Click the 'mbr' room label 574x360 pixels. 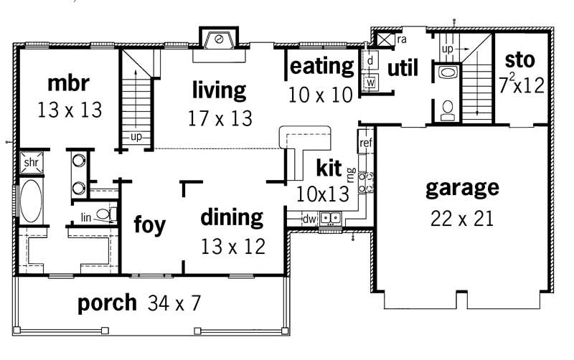(x=68, y=83)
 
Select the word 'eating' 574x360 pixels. (x=322, y=67)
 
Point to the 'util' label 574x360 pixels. (x=403, y=68)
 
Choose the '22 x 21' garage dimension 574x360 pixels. (x=462, y=218)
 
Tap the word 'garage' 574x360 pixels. (x=461, y=188)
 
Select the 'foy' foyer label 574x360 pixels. (x=149, y=224)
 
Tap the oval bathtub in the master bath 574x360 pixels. (x=31, y=202)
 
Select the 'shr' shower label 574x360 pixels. (x=30, y=162)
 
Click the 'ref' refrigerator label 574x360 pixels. (x=365, y=143)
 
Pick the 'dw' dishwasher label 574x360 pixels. (x=310, y=219)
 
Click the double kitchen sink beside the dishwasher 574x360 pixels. (x=331, y=218)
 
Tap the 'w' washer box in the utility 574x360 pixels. (x=370, y=82)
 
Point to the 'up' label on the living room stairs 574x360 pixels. (x=135, y=136)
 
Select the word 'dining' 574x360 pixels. (x=231, y=217)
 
